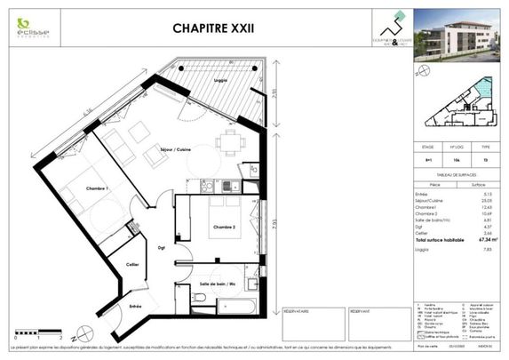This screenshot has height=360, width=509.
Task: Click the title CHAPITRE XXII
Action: (212, 28)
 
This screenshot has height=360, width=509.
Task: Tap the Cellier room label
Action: (131, 266)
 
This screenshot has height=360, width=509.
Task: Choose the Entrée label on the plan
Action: (136, 306)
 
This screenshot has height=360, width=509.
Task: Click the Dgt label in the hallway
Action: (163, 248)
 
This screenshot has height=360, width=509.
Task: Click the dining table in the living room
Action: (231, 140)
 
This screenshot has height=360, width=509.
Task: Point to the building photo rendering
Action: (458, 37)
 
